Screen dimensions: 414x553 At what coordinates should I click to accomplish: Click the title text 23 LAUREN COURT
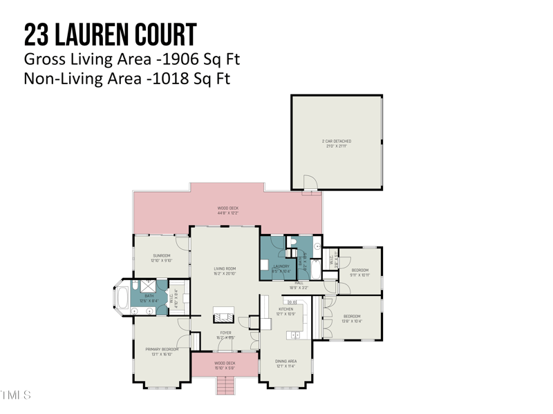(110, 34)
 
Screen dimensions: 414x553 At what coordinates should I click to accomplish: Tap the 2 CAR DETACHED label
(337, 141)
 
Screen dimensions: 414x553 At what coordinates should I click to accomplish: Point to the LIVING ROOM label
(225, 268)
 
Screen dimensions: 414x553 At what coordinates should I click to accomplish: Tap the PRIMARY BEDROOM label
(162, 350)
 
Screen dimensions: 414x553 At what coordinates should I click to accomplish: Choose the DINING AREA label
(286, 362)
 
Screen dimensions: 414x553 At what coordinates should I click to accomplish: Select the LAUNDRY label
(281, 266)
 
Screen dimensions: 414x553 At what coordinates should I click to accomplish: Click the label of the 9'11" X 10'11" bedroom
(360, 270)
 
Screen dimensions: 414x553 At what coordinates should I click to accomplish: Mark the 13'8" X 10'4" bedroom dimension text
(352, 321)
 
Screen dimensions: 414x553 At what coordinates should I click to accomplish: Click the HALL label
(299, 283)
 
